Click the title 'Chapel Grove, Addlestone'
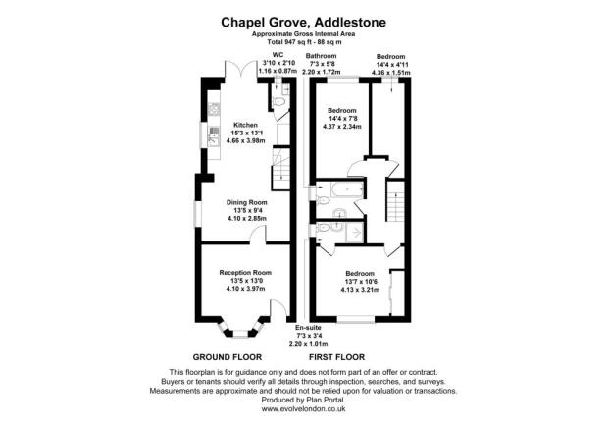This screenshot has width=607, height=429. pos(303,21)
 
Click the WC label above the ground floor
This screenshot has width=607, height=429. pos(263,56)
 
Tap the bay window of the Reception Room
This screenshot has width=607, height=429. pos(243,325)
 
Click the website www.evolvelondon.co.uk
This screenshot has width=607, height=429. pos(303,410)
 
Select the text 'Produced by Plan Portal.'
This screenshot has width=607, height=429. pos(303,401)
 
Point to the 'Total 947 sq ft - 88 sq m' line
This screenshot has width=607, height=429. pos(303,42)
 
